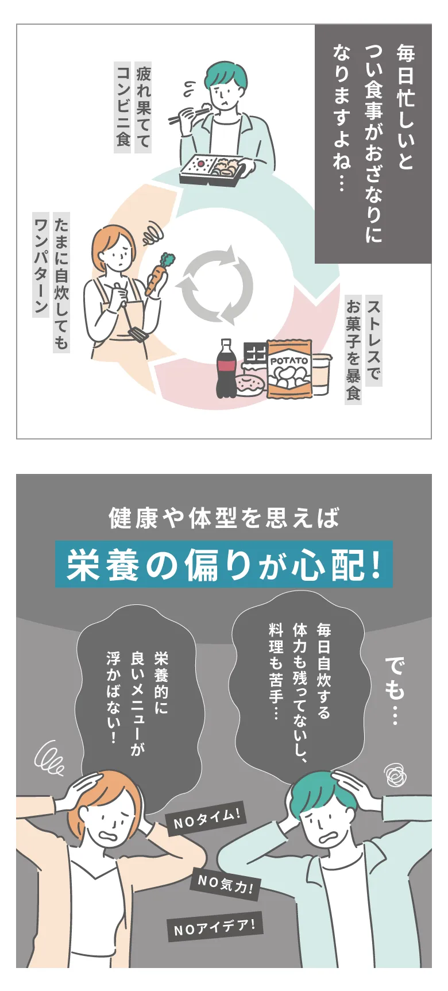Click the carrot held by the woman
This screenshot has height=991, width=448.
click(x=157, y=274)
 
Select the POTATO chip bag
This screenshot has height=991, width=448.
click(x=289, y=368)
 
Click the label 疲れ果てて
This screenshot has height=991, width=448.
click(x=143, y=107)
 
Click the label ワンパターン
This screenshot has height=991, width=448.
click(x=41, y=264)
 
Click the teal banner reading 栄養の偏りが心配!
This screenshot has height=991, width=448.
click(x=224, y=564)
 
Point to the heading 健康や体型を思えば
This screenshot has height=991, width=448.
click(x=224, y=518)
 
